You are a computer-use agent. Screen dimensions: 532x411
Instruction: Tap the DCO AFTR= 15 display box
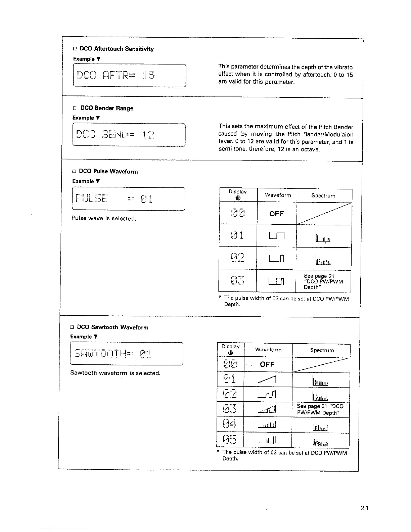tap(129, 75)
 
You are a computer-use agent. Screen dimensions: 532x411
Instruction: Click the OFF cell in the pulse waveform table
tap(276, 214)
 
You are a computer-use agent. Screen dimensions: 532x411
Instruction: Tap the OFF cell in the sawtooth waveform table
tap(267, 365)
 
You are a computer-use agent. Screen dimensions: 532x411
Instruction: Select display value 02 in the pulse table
tap(238, 258)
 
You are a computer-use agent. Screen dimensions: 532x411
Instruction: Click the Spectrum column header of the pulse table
tap(323, 195)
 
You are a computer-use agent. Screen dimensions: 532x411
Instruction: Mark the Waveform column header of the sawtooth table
tap(268, 350)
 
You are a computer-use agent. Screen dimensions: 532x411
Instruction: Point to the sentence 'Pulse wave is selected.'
tap(103, 219)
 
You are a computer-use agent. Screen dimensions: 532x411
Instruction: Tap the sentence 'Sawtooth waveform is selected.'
tap(115, 373)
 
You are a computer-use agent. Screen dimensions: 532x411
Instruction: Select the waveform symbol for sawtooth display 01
tap(268, 380)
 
